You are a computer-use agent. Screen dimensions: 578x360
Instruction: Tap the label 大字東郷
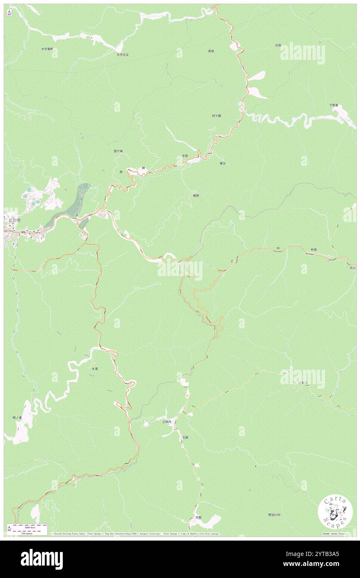pos(47,49)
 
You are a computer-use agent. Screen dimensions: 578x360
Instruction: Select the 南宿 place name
pos(211,51)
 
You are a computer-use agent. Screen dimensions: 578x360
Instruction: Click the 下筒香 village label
pos(333,105)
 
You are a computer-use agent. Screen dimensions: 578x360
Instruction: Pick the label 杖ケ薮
pos(216,116)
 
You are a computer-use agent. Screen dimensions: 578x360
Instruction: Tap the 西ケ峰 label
pos(118,151)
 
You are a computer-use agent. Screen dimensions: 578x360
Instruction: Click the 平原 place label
pos(185,156)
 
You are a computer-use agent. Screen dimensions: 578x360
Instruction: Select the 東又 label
pos(223,163)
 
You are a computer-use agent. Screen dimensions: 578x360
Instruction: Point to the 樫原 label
pos(196,195)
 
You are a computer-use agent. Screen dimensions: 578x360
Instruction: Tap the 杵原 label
pos(313,249)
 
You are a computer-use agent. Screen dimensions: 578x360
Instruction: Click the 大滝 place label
pos(95,368)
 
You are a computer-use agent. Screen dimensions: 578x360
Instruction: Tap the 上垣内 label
pos(166,421)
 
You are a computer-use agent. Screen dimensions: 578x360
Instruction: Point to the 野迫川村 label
pos(274,515)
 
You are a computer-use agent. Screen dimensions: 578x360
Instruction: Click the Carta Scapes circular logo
pos(335,513)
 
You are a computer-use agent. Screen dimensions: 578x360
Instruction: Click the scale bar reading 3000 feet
pos(27,526)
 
